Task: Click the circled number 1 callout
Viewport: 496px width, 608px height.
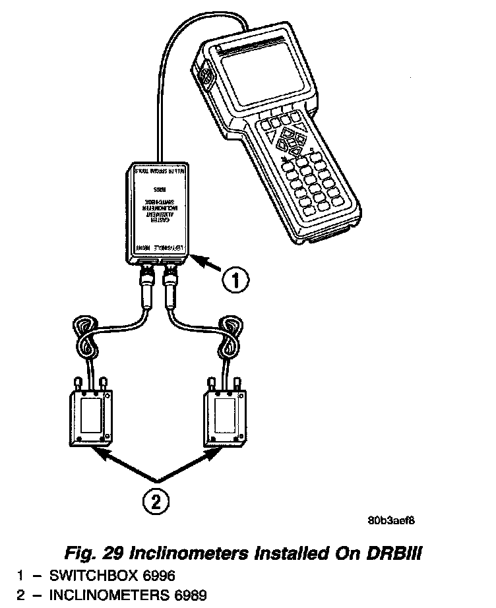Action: pyautogui.click(x=234, y=282)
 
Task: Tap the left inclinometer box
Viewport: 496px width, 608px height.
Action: pyautogui.click(x=91, y=419)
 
